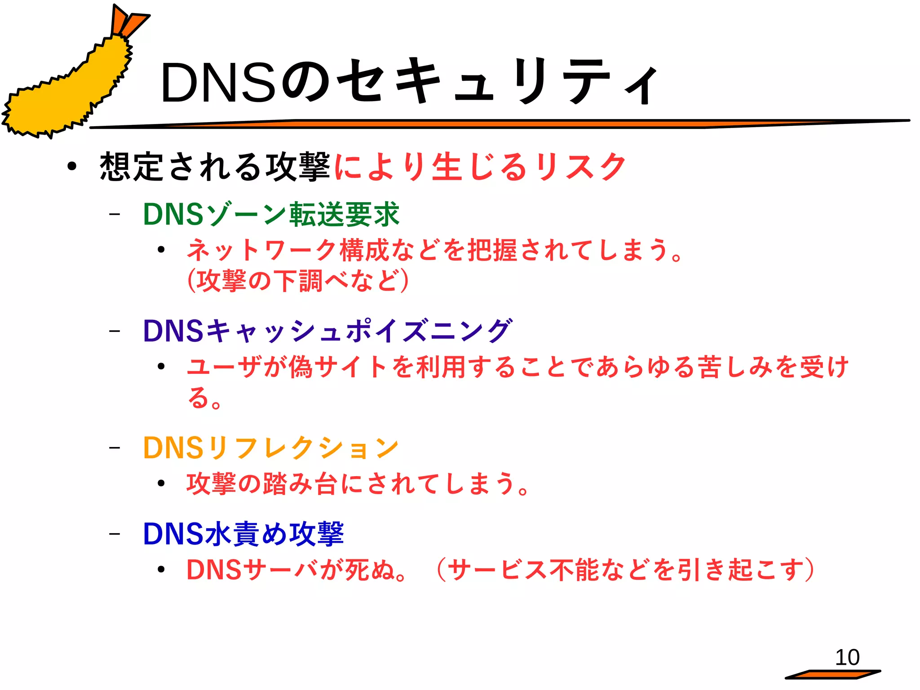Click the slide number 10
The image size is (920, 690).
tap(847, 658)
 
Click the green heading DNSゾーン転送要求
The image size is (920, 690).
tap(271, 214)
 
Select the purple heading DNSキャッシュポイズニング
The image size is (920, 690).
tap(327, 331)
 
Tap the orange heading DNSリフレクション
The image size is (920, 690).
tap(271, 448)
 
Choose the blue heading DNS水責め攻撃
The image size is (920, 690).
tap(243, 534)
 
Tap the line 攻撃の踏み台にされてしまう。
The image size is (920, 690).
tap(358, 484)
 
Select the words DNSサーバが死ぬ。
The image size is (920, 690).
tap(297, 570)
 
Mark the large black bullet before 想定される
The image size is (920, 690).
tap(72, 167)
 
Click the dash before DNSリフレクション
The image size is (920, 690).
tap(115, 447)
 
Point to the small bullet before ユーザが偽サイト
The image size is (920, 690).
tap(161, 367)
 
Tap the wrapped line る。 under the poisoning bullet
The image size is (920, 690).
tap(205, 398)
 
